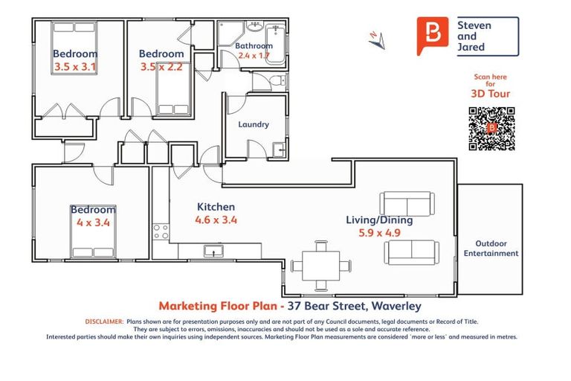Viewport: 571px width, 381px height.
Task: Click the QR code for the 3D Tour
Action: coord(491,129)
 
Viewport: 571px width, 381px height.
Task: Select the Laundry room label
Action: coord(254,124)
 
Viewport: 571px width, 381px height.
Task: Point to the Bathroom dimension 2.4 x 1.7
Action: coord(253,55)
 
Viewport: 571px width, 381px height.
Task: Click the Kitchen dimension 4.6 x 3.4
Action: coord(216,220)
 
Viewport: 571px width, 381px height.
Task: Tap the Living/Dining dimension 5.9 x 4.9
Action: coord(379,232)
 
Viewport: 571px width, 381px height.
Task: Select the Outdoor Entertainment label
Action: coord(491,249)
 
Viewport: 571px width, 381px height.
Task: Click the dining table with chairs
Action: coord(321,266)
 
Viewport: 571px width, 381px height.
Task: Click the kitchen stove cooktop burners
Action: coord(161,231)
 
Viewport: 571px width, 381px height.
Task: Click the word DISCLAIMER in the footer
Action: coord(103,321)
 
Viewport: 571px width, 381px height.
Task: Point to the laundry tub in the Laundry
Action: coord(279,149)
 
